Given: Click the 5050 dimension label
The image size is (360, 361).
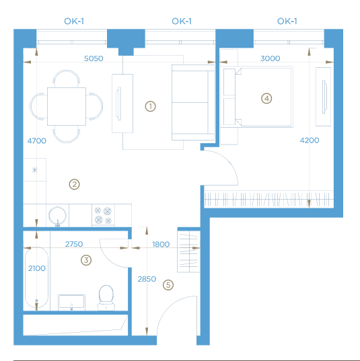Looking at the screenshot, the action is pos(94,58).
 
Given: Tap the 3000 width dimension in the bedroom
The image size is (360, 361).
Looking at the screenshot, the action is pos(271,58).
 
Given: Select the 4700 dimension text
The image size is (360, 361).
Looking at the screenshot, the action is pos(36,141).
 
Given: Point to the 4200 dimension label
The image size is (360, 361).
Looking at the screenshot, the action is pos(310,141).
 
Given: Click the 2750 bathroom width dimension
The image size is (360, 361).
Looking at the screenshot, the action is pos(74,244).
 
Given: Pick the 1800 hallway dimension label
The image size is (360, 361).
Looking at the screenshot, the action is pos(161,244).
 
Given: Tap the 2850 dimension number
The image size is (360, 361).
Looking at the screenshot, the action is pos(147,279).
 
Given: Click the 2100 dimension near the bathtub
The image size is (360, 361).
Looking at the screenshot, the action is pos(37,268).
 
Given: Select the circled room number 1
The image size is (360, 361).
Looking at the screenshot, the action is pos(150,106).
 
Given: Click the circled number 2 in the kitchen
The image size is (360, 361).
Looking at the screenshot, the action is pos(75,184).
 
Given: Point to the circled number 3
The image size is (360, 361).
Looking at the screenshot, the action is pos(86,260).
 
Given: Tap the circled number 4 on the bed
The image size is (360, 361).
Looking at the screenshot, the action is pos(266,99).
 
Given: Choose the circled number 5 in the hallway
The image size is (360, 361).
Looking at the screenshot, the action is pos(168,285).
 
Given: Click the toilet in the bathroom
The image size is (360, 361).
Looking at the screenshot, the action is pos(106,298).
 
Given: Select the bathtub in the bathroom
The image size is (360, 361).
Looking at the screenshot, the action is pos(36,278).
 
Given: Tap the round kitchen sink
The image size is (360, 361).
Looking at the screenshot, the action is pos(57,216).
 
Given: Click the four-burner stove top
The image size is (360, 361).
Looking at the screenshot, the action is pos(103,216).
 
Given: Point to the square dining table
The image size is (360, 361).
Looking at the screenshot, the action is pos(67,106).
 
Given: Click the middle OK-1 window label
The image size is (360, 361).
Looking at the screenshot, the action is pos(182,22).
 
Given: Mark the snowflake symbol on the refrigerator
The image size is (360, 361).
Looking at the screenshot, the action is pos(34,170).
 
